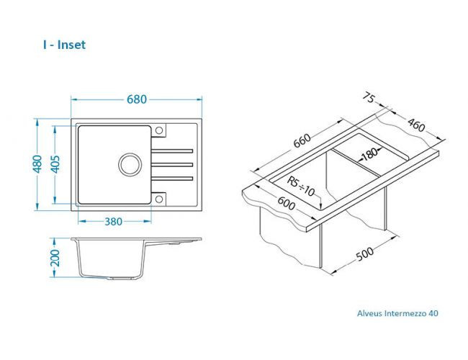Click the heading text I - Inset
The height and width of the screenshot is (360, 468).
pos(64,45)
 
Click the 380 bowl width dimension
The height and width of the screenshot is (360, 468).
pos(113,222)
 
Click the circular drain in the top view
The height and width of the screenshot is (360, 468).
pos(131,163)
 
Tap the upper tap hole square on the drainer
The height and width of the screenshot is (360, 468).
pos(160,130)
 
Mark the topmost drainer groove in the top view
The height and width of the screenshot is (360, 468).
pos(172,150)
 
